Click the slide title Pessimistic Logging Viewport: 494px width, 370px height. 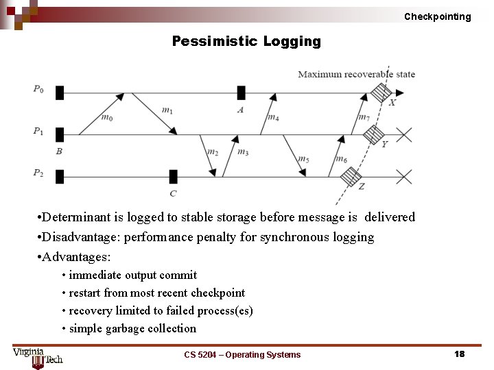click(246, 42)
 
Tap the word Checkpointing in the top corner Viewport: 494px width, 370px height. click(437, 16)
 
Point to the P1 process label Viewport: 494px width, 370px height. click(38, 131)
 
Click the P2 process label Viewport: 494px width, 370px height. click(38, 173)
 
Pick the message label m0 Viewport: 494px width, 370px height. click(107, 118)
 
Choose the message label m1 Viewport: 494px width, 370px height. click(167, 110)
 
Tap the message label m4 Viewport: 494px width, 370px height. click(272, 118)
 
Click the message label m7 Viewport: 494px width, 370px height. click(364, 117)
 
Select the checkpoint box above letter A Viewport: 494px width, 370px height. click(241, 92)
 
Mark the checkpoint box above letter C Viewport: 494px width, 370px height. click(173, 177)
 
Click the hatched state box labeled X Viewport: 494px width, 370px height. click(381, 92)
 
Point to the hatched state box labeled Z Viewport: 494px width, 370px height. click(351, 177)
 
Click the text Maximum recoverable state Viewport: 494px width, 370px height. click(356, 74)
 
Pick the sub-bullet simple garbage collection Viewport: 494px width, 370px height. click(132, 328)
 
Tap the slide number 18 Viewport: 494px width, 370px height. click(459, 354)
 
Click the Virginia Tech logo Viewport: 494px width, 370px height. click(37, 357)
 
